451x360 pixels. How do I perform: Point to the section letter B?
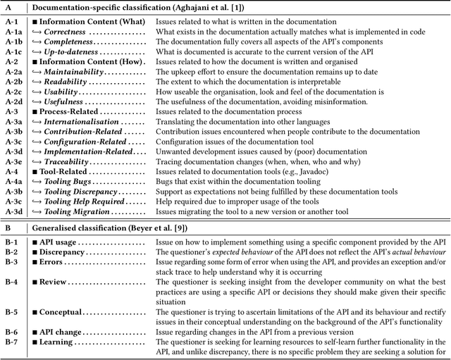6,228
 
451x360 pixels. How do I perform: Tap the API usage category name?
58,242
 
